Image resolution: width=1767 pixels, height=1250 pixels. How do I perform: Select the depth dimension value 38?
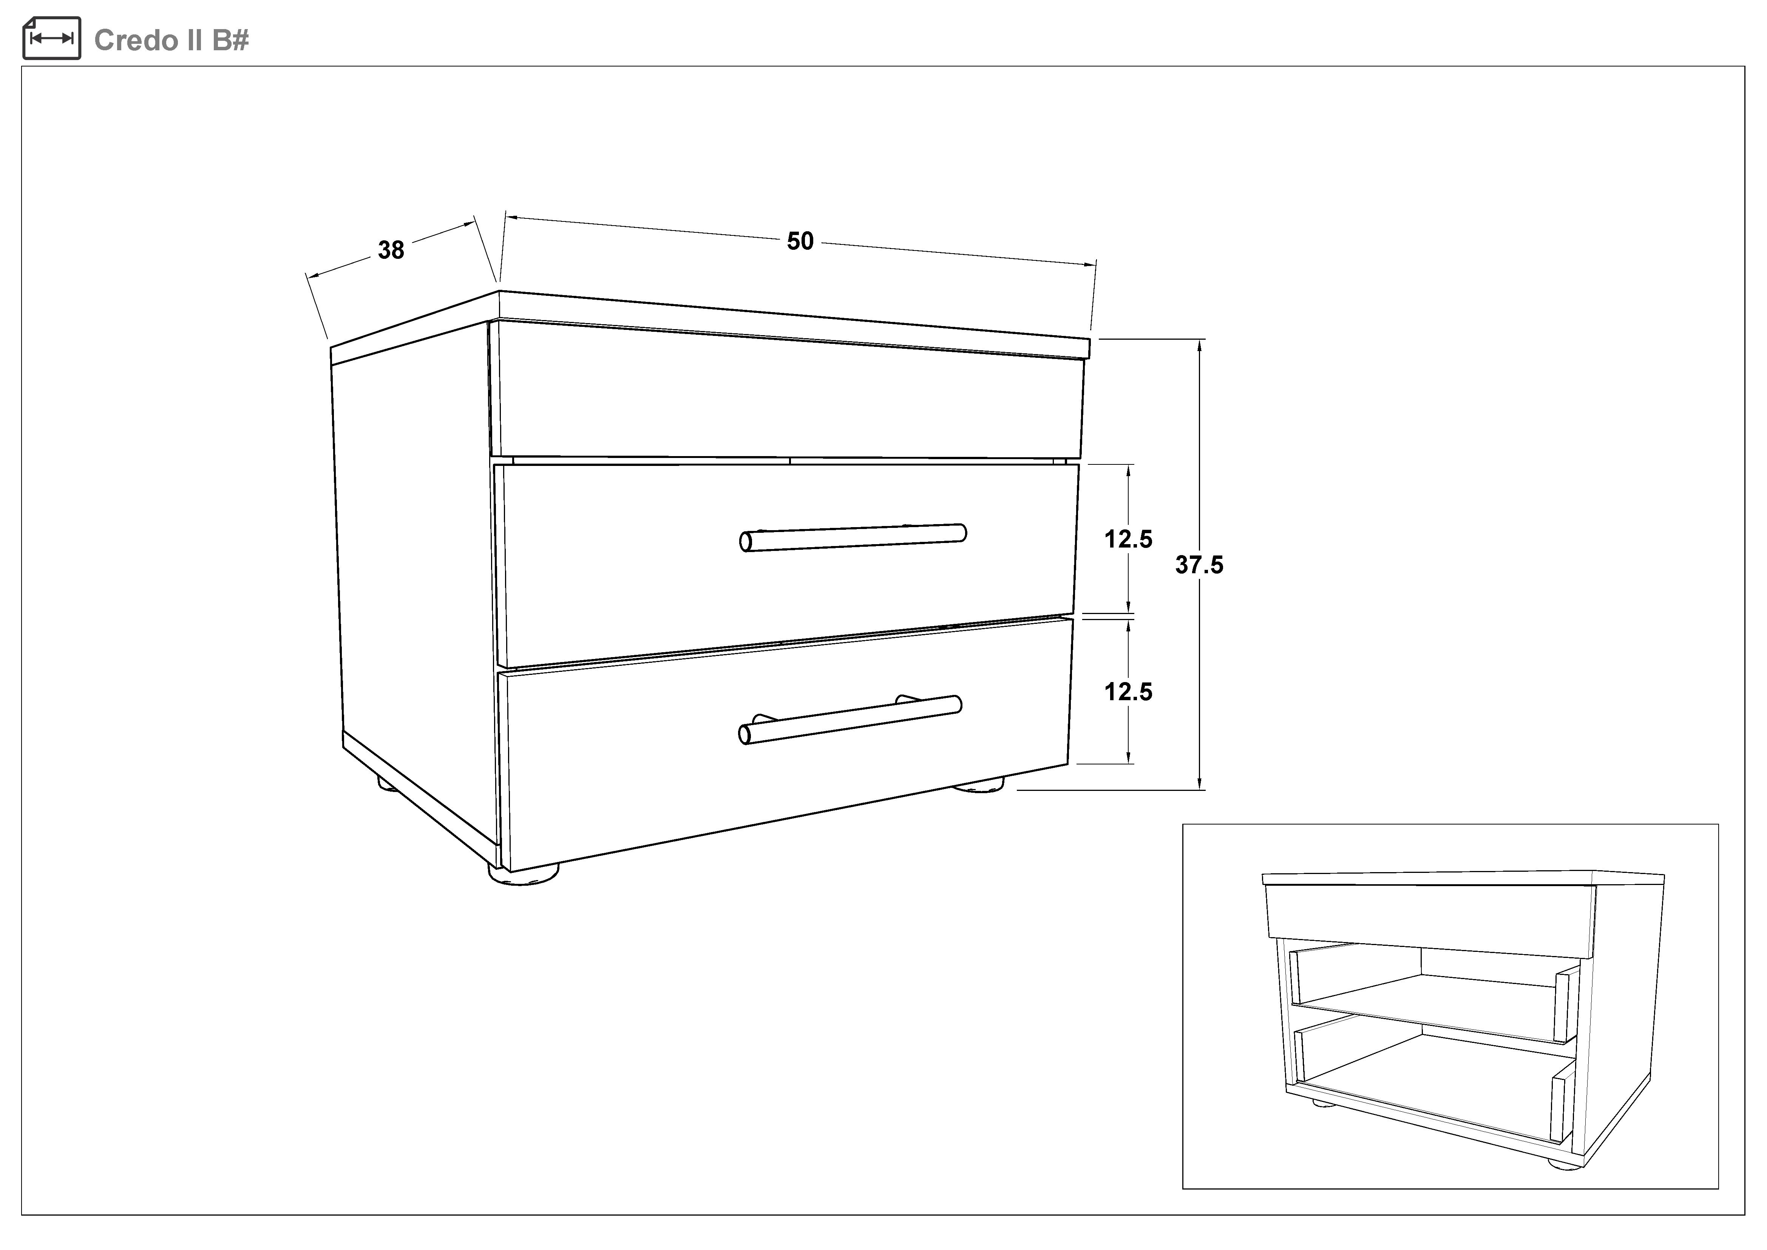pyautogui.click(x=391, y=250)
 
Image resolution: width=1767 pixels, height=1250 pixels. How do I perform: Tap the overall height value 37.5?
pyautogui.click(x=1199, y=565)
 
